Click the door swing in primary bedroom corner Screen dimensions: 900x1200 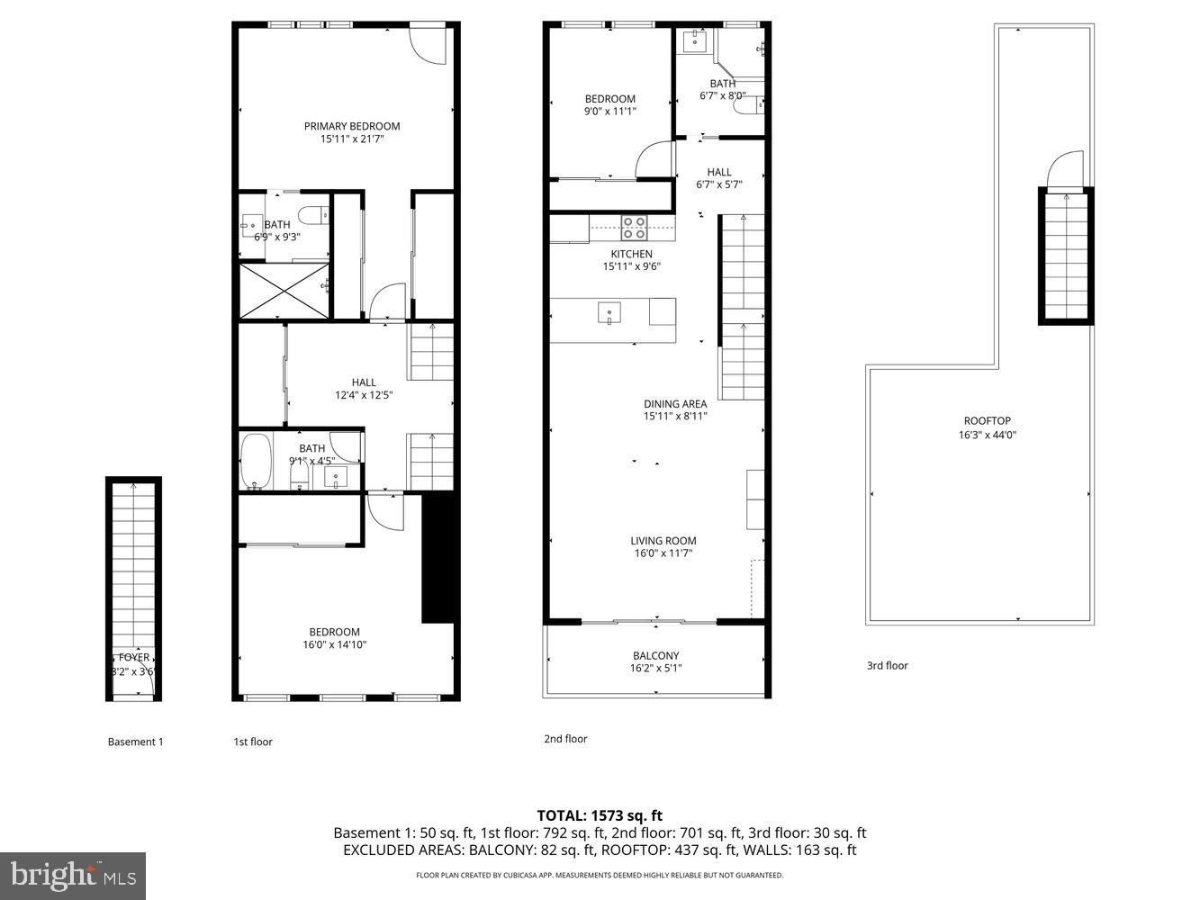click(427, 46)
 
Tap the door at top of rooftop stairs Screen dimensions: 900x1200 click(1065, 171)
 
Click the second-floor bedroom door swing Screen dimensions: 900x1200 click(654, 160)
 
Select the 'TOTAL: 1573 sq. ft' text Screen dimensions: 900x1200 click(600, 816)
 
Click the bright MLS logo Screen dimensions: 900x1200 click(72, 873)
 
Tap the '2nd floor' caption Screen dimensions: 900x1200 click(565, 739)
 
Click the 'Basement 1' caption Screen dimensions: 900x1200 click(135, 742)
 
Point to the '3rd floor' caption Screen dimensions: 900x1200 click(887, 666)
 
